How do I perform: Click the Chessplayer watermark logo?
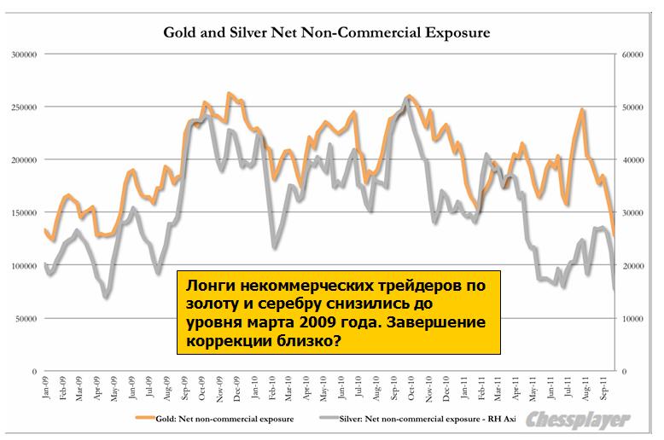(579, 420)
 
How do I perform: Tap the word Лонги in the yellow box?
(207, 285)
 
